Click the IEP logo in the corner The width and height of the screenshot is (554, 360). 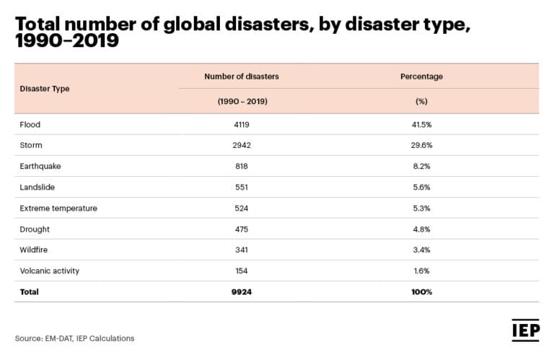pyautogui.click(x=524, y=329)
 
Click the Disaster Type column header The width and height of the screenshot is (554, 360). pyautogui.click(x=45, y=89)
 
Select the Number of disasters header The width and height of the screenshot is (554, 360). pyautogui.click(x=242, y=76)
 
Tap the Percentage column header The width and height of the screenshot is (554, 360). pyautogui.click(x=422, y=76)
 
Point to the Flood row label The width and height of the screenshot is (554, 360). pyautogui.click(x=30, y=125)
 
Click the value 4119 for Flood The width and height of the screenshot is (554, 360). pyautogui.click(x=242, y=125)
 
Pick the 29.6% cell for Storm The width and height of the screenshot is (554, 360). pyautogui.click(x=422, y=146)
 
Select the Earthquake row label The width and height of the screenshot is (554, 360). pyautogui.click(x=40, y=167)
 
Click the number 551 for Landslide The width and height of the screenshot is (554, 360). pyautogui.click(x=242, y=188)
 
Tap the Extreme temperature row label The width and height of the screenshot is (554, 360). pyautogui.click(x=58, y=208)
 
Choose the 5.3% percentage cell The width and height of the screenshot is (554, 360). pyautogui.click(x=422, y=208)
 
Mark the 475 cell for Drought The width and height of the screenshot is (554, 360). pyautogui.click(x=242, y=229)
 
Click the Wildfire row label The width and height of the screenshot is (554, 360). pyautogui.click(x=35, y=250)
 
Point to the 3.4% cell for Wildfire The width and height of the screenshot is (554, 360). pyautogui.click(x=422, y=250)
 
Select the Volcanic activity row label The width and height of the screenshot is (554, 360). pyautogui.click(x=50, y=271)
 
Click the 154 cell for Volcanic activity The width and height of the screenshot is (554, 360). pyautogui.click(x=242, y=271)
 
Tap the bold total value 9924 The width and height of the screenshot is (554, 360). pyautogui.click(x=242, y=292)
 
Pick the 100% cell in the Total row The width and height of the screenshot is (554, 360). pyautogui.click(x=422, y=292)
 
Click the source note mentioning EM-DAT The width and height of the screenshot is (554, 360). pyautogui.click(x=75, y=338)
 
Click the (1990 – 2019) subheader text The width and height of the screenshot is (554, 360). pyautogui.click(x=242, y=102)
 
